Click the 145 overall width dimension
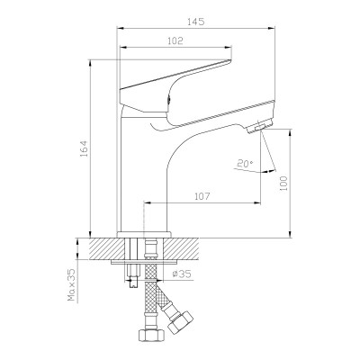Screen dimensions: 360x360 [x=195, y=22]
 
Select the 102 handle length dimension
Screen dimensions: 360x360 [x=175, y=40]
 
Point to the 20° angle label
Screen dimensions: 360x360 [x=245, y=164]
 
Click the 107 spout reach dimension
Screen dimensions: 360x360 [x=202, y=196]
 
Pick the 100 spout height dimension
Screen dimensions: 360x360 [x=283, y=184]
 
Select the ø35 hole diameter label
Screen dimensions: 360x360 [x=182, y=274]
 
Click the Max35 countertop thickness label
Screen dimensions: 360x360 [x=72, y=284]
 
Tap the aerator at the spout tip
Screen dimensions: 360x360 [x=260, y=126]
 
